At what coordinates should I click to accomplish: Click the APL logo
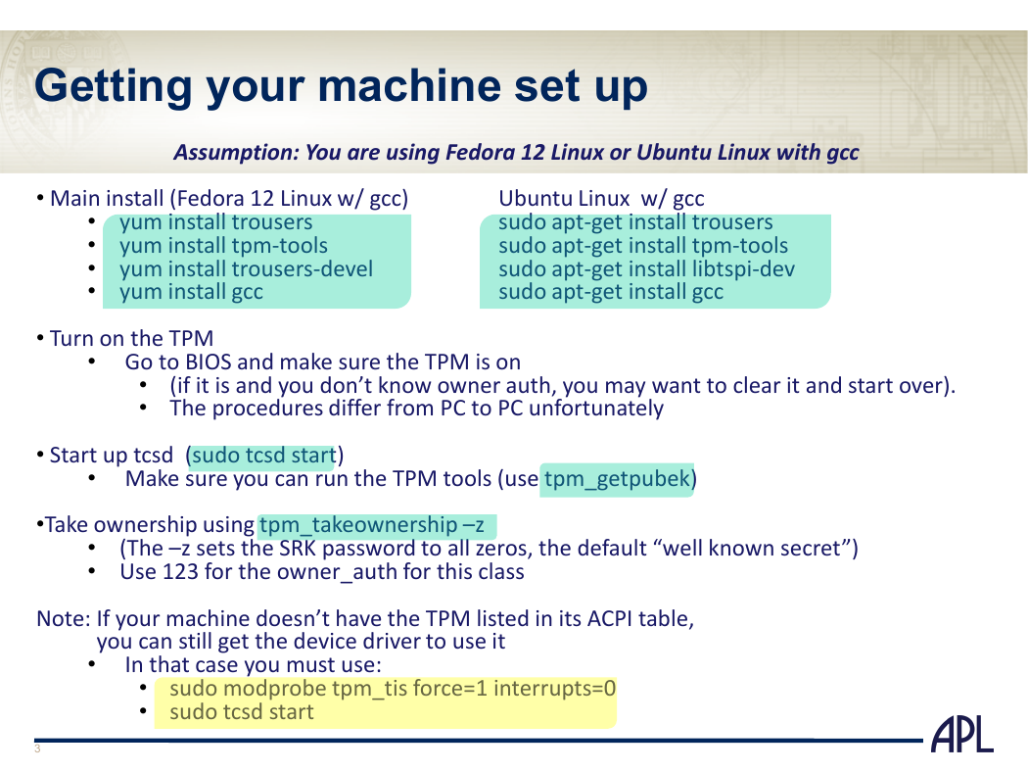962,735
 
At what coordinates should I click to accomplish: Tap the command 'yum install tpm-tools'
223,246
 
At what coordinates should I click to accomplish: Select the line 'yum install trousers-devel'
246,268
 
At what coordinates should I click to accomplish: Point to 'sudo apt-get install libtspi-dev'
646,268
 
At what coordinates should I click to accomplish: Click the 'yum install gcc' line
191,292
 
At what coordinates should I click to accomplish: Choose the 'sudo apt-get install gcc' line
610,292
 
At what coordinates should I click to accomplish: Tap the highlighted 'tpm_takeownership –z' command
372,525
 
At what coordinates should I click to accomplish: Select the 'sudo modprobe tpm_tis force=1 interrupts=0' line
393,689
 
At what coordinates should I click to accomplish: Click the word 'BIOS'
209,362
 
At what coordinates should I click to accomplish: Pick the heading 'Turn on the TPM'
132,338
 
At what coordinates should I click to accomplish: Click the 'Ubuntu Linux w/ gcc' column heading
601,199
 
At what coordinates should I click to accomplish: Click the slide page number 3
37,749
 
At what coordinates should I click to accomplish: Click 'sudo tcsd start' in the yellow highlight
241,712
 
